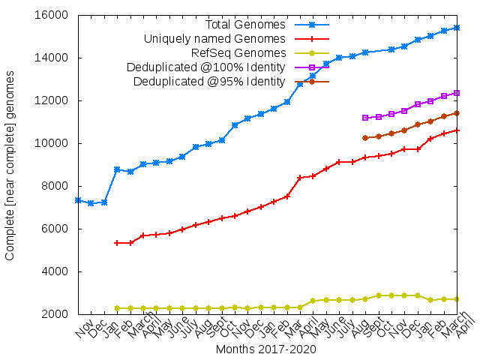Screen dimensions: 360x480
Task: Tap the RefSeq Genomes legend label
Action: point(238,52)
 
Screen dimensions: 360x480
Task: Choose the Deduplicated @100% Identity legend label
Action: point(205,67)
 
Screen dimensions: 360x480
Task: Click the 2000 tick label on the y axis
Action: point(56,314)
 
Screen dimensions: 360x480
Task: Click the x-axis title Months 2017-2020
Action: point(265,349)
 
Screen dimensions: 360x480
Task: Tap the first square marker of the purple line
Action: point(365,118)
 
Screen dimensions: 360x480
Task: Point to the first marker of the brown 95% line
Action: point(365,138)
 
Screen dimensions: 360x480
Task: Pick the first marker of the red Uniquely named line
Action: point(117,243)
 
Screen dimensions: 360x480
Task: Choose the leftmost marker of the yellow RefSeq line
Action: point(117,308)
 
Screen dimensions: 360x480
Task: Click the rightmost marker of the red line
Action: point(457,130)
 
